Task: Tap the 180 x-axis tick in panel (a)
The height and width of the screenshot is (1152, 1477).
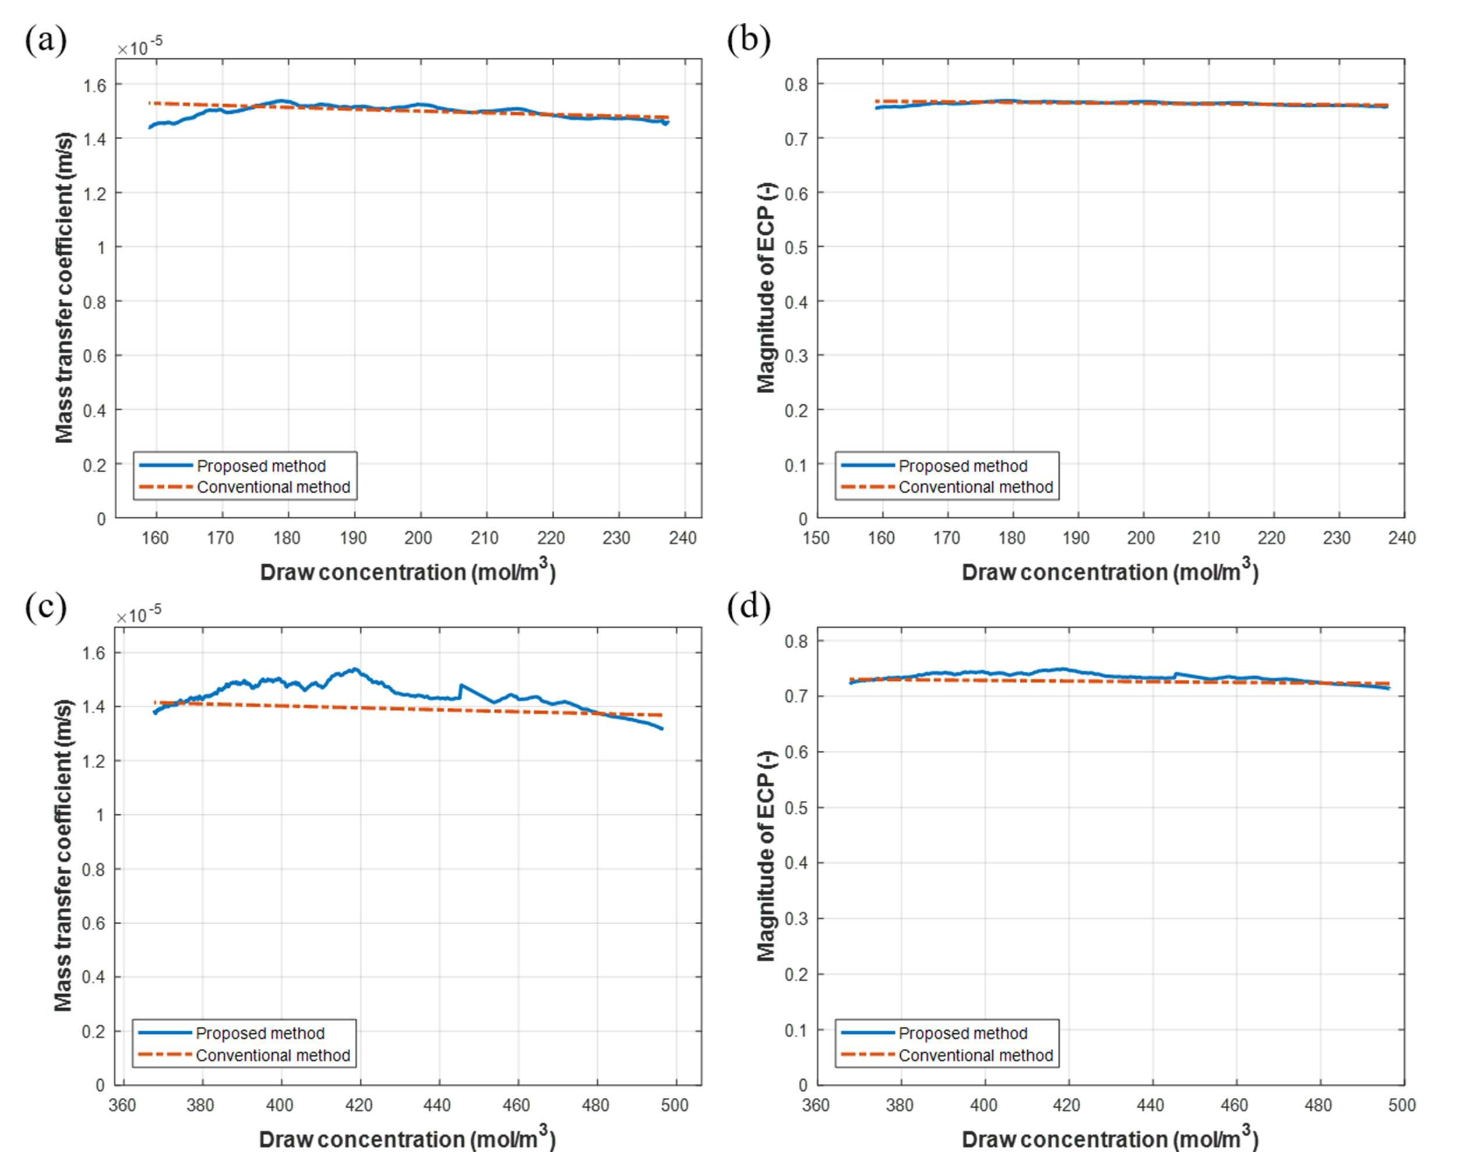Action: tap(287, 538)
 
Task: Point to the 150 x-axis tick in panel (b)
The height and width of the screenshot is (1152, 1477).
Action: tap(816, 538)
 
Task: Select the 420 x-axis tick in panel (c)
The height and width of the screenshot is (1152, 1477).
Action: tap(359, 1105)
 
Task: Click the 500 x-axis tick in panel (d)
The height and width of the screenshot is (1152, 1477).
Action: tap(1402, 1105)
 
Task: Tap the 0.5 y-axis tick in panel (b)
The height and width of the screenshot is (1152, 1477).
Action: tap(796, 248)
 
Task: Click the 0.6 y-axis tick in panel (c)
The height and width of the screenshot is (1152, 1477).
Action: tap(94, 924)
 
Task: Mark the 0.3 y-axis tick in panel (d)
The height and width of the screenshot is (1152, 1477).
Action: tap(796, 919)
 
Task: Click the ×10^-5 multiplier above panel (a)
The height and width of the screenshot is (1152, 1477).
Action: tap(140, 47)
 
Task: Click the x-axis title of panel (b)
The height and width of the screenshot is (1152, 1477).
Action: tap(1111, 571)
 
